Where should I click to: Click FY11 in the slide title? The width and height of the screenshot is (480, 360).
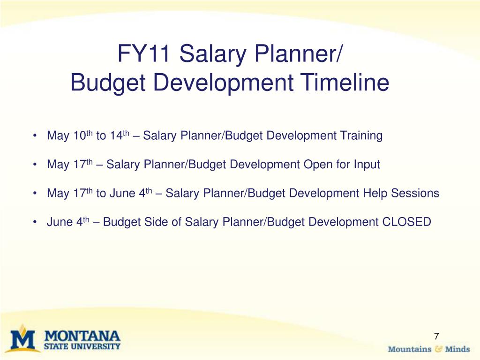145,54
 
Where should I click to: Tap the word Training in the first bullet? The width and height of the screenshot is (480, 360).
362,136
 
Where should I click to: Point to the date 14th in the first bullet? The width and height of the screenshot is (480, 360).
119,136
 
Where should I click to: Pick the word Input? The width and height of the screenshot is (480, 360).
366,165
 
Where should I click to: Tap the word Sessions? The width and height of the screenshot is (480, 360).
415,193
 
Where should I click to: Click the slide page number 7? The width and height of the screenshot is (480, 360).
436,336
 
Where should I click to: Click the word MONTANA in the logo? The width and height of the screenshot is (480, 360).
82,336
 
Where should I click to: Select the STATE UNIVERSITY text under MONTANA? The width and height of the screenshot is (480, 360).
82,347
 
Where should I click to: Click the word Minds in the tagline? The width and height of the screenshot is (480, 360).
457,349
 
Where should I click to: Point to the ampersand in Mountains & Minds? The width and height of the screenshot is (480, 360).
438,349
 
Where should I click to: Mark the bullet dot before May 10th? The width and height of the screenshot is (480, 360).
36,136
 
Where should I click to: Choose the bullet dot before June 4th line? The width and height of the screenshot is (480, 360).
36,222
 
